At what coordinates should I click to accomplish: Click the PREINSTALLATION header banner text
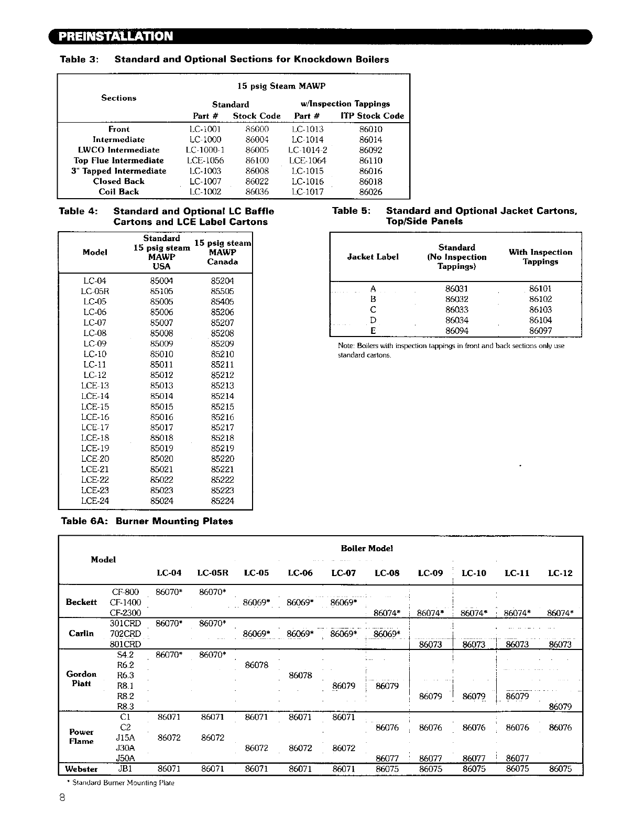click(115, 36)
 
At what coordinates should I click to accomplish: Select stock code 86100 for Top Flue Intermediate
click(257, 160)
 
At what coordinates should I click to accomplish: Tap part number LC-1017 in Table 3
click(308, 192)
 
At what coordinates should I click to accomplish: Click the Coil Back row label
click(119, 192)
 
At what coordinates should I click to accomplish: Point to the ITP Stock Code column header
click(372, 116)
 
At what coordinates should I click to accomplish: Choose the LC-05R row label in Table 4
click(95, 291)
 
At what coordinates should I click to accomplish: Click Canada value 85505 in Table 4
click(222, 291)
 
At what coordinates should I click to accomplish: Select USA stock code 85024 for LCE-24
click(161, 501)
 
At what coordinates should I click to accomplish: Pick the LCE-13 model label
click(95, 386)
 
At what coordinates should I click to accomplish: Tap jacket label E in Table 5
click(373, 331)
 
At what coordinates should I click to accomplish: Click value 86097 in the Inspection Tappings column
click(540, 331)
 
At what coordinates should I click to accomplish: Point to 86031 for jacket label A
click(456, 289)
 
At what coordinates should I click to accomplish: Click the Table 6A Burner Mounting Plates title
click(147, 521)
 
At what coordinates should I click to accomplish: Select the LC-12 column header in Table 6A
click(560, 573)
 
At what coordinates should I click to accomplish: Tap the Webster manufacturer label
click(81, 769)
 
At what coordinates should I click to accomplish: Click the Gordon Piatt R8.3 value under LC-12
click(560, 707)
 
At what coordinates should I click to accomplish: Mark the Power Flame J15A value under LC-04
click(169, 738)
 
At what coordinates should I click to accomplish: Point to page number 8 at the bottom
click(62, 798)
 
